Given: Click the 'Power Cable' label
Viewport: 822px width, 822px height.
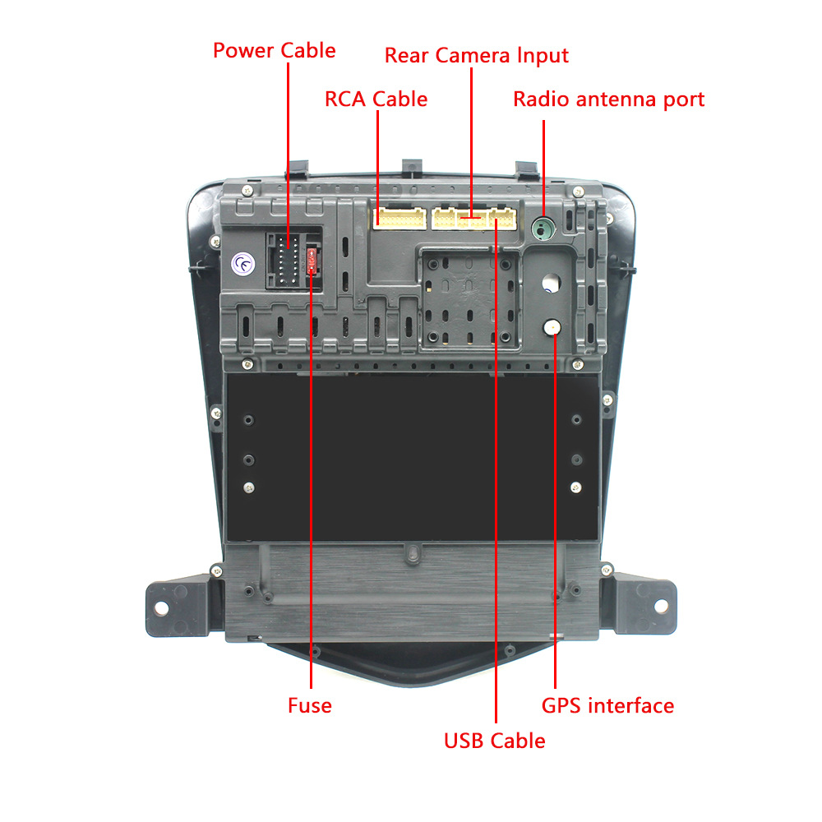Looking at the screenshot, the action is click(x=275, y=50).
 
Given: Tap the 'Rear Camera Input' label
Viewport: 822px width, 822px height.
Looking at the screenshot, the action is click(x=477, y=56).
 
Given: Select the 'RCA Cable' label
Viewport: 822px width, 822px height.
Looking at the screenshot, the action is click(x=376, y=99).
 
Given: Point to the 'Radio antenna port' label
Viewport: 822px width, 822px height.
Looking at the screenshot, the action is click(x=608, y=99).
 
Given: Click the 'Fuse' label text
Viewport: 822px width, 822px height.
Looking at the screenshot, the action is click(x=310, y=705).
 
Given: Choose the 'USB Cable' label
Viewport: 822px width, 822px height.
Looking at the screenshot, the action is click(x=494, y=741).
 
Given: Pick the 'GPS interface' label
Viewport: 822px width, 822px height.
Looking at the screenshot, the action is click(x=607, y=706).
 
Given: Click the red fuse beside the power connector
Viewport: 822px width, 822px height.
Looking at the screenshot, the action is click(x=312, y=260).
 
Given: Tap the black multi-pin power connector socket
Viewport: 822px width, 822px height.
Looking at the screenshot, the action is click(x=286, y=260).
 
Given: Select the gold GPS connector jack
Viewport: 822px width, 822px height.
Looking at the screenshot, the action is click(x=552, y=328).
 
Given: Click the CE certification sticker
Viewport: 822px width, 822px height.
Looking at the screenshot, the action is click(x=242, y=264).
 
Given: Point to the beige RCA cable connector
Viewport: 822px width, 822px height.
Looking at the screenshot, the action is click(x=399, y=218).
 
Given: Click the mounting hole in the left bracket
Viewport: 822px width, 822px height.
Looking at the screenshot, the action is click(x=161, y=607).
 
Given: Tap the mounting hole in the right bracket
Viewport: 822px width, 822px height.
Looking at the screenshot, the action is click(x=661, y=606).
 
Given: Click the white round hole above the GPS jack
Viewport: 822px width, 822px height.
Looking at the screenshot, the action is click(x=551, y=283).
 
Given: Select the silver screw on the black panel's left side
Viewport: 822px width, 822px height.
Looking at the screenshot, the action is click(x=249, y=488).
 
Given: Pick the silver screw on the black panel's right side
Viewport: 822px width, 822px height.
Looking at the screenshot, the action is click(x=575, y=487).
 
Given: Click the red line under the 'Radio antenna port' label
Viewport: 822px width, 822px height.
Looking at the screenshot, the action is click(x=543, y=169).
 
